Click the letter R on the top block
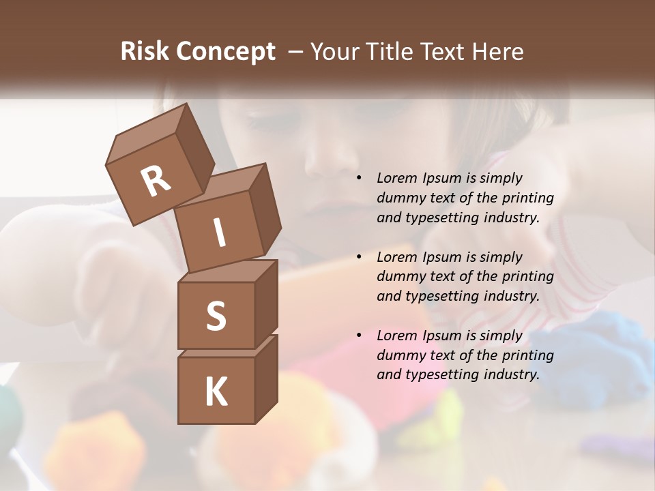pyautogui.click(x=156, y=181)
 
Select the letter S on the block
pyautogui.click(x=216, y=316)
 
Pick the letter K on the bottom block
pyautogui.click(x=216, y=392)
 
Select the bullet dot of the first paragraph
pyautogui.click(x=360, y=179)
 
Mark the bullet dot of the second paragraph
pyautogui.click(x=360, y=258)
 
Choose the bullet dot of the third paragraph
pyautogui.click(x=360, y=336)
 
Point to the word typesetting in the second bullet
pyautogui.click(x=443, y=297)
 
